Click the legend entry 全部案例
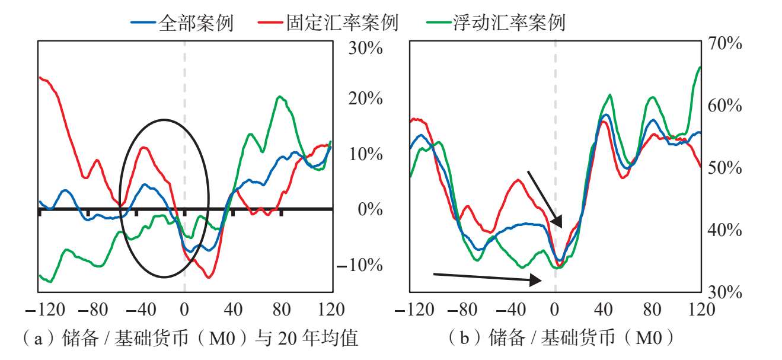[182, 23]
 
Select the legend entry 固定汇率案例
[328, 23]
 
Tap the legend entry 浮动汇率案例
[496, 23]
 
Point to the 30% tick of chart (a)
[366, 48]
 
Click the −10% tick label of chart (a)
[360, 265]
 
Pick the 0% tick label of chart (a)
[370, 209]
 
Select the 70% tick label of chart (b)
[724, 44]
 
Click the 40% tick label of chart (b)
[724, 230]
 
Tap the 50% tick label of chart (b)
[724, 168]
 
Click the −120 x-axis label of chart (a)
[46, 310]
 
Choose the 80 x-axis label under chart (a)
[282, 310]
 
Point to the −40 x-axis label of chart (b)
[510, 310]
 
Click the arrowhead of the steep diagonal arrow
[557, 222]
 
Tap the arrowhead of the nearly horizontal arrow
[535, 280]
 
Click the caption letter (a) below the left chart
[39, 338]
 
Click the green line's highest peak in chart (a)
[279, 96]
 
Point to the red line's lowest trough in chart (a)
[209, 278]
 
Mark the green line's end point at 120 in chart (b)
[700, 67]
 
